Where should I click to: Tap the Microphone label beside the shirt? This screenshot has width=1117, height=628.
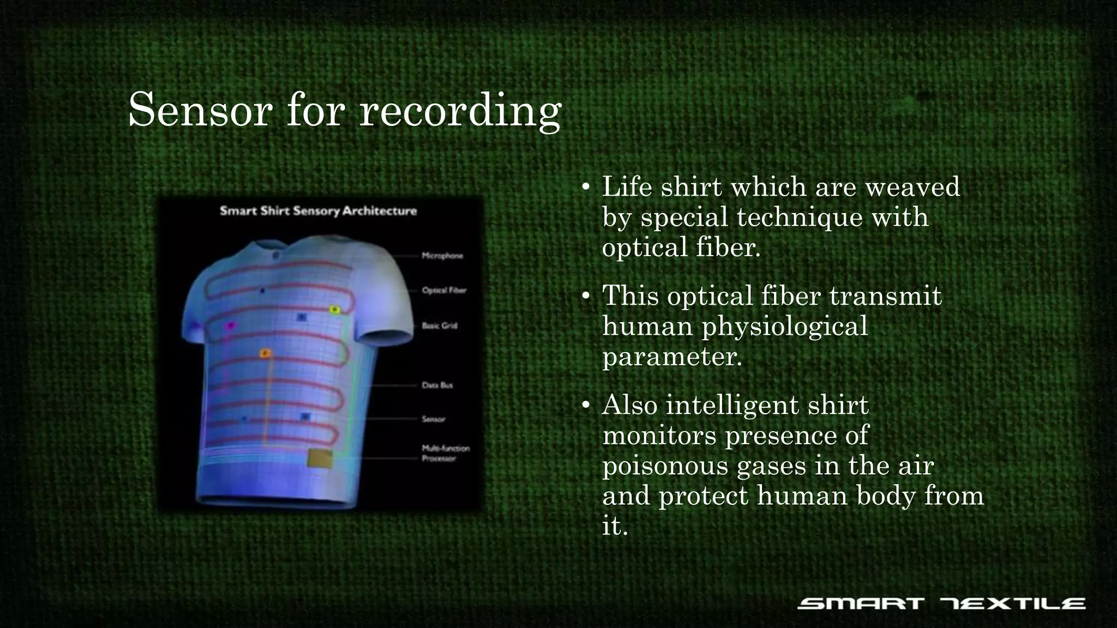click(442, 256)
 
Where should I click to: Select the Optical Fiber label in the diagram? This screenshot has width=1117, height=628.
click(444, 291)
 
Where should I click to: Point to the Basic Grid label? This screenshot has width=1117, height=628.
click(440, 326)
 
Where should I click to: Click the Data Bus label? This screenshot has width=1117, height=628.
click(437, 385)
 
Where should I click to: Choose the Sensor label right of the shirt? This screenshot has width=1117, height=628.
click(434, 419)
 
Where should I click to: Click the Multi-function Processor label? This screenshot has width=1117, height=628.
click(445, 454)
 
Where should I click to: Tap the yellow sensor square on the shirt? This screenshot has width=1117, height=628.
click(335, 310)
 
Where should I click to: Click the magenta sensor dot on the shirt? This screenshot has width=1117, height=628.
click(230, 326)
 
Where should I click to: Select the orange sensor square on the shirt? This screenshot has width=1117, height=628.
click(265, 354)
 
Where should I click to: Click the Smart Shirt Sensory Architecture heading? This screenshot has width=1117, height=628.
click(318, 211)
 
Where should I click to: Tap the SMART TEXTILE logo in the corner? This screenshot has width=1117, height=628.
click(941, 603)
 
